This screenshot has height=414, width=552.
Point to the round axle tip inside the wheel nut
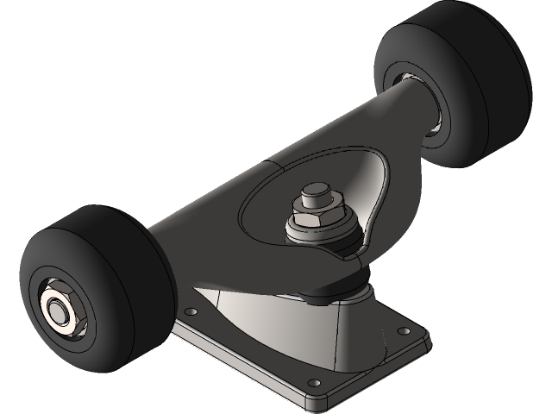coord(56,308)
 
